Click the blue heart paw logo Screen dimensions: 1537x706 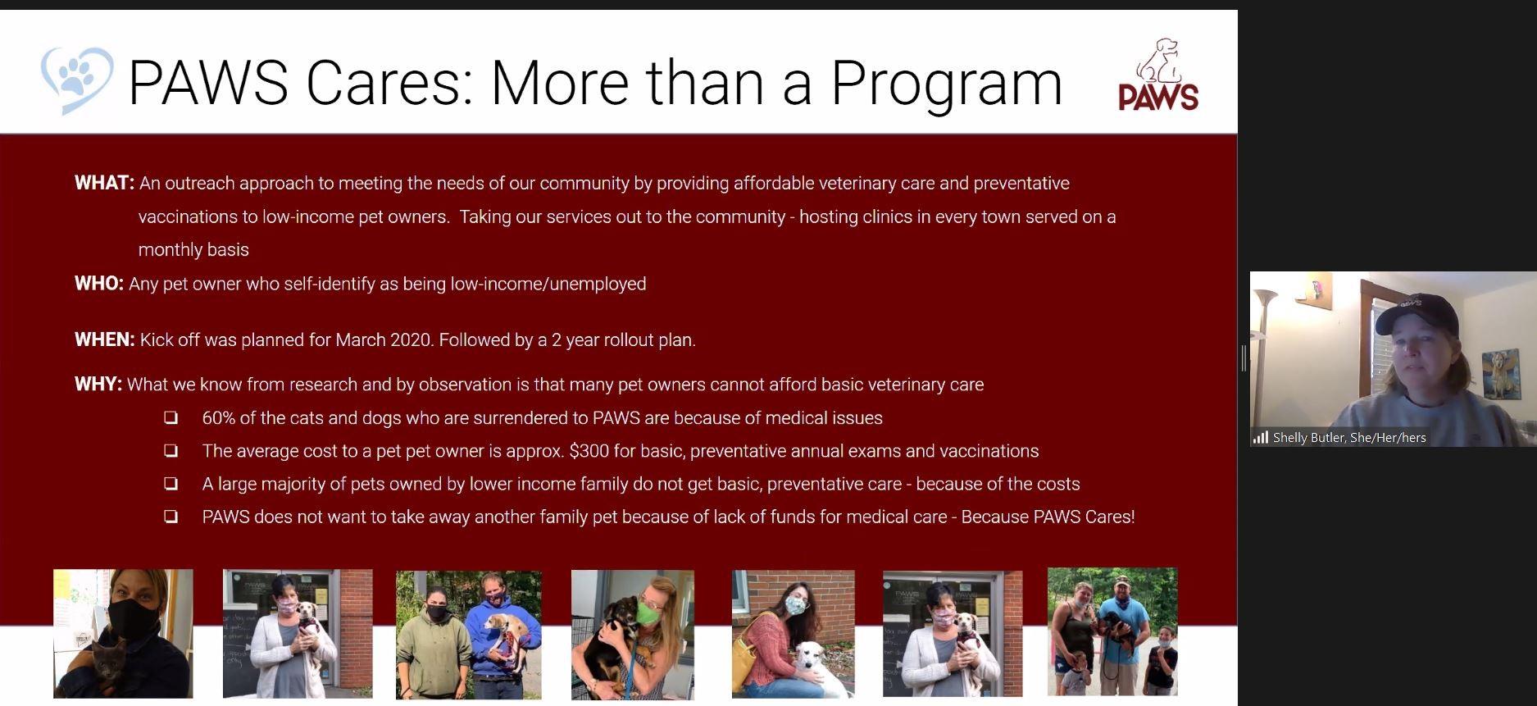(x=76, y=80)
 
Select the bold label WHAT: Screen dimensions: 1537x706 (x=104, y=183)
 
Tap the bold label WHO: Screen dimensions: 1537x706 (x=99, y=284)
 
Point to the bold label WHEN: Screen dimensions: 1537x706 (x=105, y=339)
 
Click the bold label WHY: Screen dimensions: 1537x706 (x=98, y=385)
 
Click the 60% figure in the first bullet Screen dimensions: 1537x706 (x=219, y=418)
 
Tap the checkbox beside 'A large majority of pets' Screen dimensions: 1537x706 (x=171, y=484)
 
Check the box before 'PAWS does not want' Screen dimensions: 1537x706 (x=171, y=517)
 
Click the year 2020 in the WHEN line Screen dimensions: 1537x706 (x=410, y=340)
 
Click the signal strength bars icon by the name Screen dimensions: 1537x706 (x=1261, y=438)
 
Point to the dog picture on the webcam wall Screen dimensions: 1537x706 (x=1501, y=374)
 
